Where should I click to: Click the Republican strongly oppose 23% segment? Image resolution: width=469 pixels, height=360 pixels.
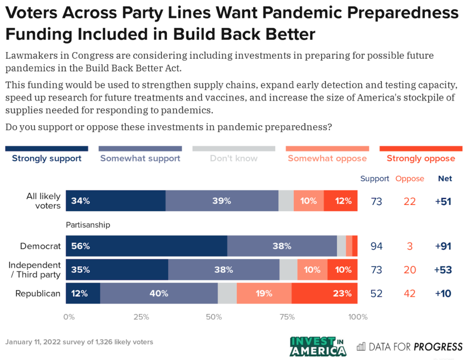tap(324, 293)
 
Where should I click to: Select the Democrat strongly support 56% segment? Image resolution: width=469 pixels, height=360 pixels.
tap(146, 246)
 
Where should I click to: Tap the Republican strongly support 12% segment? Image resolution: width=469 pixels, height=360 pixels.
tap(83, 293)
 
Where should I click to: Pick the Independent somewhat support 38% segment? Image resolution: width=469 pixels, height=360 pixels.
tap(223, 269)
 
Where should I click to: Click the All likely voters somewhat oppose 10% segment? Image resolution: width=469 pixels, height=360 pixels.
tap(309, 201)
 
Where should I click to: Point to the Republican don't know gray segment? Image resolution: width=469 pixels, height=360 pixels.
tap(227, 293)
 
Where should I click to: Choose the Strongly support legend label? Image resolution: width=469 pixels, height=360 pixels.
tap(46, 158)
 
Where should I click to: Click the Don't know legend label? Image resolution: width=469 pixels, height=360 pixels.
tap(234, 158)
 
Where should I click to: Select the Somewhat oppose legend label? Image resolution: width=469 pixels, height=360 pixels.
tap(327, 158)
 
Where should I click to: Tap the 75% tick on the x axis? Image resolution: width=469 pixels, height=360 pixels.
tap(286, 316)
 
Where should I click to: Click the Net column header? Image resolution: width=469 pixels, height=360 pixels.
tap(445, 179)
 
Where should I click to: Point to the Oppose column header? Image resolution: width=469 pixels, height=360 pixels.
tap(410, 179)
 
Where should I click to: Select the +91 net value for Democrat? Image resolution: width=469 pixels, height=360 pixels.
tap(443, 246)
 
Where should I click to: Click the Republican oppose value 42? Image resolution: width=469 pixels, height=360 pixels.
tap(409, 293)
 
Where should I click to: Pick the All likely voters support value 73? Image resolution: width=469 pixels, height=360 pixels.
tap(377, 201)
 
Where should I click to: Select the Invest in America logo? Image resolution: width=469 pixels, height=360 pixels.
tap(318, 346)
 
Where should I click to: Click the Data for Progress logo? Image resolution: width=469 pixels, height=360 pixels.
tap(410, 346)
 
